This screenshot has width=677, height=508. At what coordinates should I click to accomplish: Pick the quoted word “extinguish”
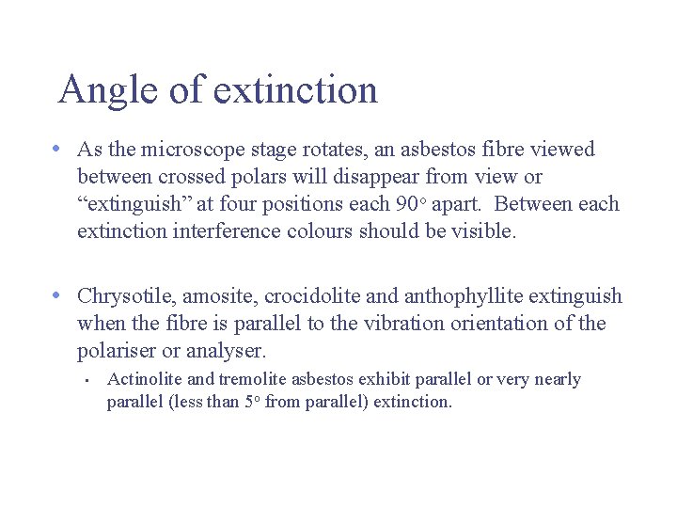click(x=130, y=204)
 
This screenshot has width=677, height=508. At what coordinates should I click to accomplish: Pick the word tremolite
click(x=253, y=379)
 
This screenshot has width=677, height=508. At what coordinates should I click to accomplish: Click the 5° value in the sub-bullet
click(x=248, y=402)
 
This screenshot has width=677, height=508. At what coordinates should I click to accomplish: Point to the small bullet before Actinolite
click(x=86, y=381)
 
